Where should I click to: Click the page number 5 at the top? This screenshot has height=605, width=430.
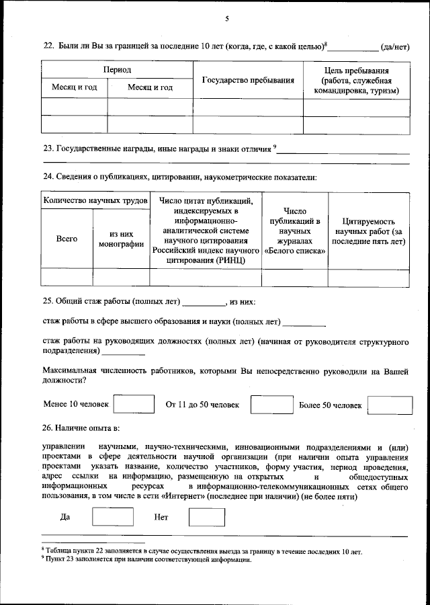(x=227, y=18)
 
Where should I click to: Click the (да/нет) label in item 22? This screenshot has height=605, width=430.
(x=394, y=46)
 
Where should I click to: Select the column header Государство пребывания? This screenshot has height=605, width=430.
(x=248, y=81)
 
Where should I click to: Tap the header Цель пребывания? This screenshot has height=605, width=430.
(x=357, y=71)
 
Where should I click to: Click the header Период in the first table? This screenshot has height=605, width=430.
(x=117, y=70)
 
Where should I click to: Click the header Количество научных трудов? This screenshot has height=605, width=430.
(x=95, y=201)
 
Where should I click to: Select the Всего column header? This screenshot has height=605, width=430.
(x=67, y=239)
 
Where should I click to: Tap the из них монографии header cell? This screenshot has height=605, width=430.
(x=121, y=239)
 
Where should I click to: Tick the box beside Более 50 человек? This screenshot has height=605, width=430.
(x=391, y=405)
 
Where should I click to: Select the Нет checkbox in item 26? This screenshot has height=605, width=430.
(x=206, y=517)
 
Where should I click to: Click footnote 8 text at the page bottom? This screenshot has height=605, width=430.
(x=202, y=551)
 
